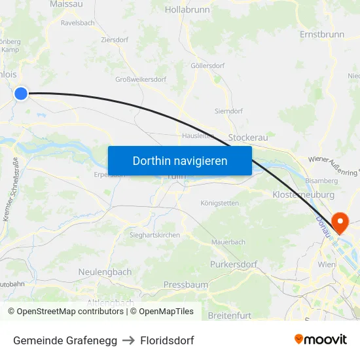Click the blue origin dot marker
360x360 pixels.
(21, 94)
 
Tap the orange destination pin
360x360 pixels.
(340, 223)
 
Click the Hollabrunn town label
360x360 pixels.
(187, 10)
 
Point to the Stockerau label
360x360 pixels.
(247, 138)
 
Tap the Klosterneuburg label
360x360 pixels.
(303, 195)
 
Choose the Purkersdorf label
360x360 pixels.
(234, 264)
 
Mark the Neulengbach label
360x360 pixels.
(105, 272)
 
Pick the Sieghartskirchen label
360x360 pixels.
(155, 235)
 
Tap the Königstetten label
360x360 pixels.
(219, 203)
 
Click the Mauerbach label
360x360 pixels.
(228, 242)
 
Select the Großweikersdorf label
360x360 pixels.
(141, 80)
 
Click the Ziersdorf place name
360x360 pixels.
(115, 40)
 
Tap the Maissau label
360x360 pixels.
(66, 4)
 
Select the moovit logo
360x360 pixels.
(320, 339)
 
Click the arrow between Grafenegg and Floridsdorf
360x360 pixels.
(126, 340)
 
